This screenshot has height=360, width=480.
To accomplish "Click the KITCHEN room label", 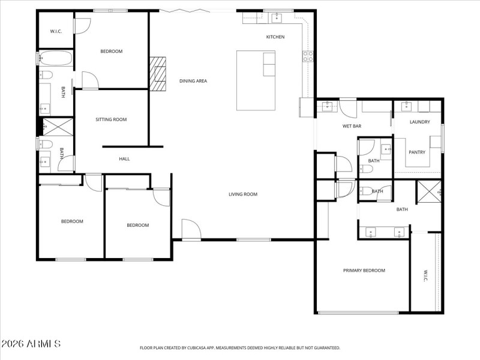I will point(275,37).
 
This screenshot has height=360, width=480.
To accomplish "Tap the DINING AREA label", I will point(193,81).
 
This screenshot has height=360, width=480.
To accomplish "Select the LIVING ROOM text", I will point(243,194).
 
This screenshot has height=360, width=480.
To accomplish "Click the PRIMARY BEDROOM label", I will point(364,271).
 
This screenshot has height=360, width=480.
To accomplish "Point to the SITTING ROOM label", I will point(112,119).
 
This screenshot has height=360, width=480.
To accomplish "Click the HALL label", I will point(124,159).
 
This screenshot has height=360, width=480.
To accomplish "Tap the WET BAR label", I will point(352,127).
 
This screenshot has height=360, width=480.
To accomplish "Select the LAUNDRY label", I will point(420,122).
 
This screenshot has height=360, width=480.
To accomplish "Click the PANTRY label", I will point(417,152).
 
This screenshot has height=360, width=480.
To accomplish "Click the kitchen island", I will point(256,80).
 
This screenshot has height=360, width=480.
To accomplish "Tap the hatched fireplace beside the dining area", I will point(158,73).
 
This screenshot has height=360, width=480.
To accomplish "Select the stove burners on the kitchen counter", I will point(308,56).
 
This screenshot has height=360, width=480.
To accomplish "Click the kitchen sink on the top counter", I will point(277,17).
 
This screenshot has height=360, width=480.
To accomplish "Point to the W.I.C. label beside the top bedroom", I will point(56,31).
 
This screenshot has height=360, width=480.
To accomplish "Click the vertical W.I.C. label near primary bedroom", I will point(425,277).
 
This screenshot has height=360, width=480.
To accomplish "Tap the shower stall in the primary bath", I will point(430,191).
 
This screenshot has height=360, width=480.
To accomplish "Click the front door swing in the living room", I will point(191,229).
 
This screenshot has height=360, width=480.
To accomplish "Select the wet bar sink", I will point(327,107).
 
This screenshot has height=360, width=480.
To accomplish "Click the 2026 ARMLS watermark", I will point(31,344).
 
